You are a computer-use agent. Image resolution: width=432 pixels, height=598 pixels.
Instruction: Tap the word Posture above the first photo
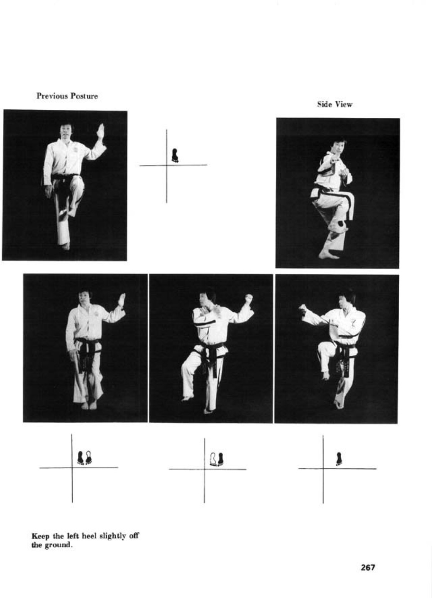point(84,96)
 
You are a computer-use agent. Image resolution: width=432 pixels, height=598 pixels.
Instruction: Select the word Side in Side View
point(324,104)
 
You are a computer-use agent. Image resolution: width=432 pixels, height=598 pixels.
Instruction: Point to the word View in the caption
point(344,104)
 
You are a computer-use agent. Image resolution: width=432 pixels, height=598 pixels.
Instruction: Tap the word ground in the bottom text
point(58,545)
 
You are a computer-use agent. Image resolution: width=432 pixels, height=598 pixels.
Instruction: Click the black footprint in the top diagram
point(175,155)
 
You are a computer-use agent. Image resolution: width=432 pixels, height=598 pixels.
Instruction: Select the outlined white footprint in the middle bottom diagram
point(213,459)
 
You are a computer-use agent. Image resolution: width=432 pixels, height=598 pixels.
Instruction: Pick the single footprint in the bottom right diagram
point(339,459)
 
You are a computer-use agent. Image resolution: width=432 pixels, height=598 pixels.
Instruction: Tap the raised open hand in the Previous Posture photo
point(101,131)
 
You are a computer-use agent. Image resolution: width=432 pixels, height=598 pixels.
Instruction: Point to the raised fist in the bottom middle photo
point(249,298)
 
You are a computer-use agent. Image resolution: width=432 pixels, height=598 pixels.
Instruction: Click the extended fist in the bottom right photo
point(303,309)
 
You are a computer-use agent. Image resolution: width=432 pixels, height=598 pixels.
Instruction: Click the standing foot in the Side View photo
point(328,255)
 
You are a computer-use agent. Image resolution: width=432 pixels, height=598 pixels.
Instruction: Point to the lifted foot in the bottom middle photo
point(188,399)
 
